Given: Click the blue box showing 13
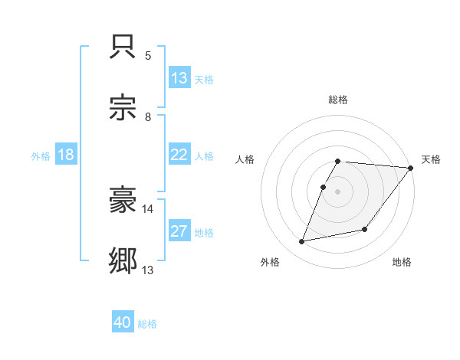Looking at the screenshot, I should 179,78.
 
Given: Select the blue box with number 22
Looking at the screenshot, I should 179,155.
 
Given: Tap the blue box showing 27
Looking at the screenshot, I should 179,231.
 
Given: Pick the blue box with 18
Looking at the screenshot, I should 66,155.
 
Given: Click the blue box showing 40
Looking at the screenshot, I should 123,322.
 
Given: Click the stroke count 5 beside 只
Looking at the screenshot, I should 148,56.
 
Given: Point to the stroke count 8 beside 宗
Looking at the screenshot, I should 148,117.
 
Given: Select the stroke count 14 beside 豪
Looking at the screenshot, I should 148,208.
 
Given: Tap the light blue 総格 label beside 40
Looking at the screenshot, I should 147,324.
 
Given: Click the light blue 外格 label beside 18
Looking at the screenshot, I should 41,155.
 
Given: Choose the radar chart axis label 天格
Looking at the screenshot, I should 431,159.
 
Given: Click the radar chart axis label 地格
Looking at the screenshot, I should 402,262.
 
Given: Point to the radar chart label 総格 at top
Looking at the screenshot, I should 338,100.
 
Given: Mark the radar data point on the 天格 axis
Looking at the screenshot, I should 412,169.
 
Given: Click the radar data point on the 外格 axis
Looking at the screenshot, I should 302,242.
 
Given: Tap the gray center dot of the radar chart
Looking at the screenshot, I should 338,191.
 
